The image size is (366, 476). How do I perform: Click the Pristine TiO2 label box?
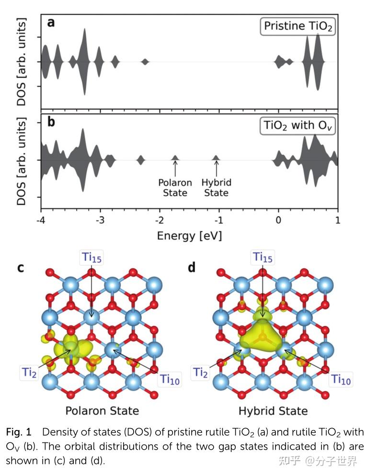pos(297,26)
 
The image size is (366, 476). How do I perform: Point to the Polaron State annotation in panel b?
pos(175,187)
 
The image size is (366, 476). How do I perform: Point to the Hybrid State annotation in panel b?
pos(216,187)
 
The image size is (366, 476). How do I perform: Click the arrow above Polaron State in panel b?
pos(175,168)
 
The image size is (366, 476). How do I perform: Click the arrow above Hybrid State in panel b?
pos(216,168)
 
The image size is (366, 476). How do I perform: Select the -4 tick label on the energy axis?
pos(41,222)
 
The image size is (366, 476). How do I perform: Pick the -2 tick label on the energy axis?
pos(160,222)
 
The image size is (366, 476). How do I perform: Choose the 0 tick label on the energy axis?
pos(278,222)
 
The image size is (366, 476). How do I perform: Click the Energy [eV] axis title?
pos(189,236)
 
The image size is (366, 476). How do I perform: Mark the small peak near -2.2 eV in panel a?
pos(145,62)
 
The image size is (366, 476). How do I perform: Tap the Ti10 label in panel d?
pos(342,379)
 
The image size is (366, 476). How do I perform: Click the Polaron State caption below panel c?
pos(102,411)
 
